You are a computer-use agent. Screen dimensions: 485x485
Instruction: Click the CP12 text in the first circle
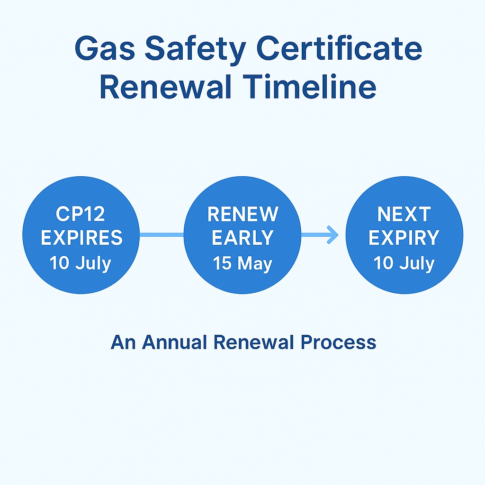point(81,214)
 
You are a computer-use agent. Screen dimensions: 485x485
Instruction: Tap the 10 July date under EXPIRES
point(81,263)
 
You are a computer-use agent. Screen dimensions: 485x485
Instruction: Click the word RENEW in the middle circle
point(242,214)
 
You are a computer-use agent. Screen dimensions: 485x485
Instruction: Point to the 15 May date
point(242,263)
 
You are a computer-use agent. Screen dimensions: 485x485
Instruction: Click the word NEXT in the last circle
point(404,214)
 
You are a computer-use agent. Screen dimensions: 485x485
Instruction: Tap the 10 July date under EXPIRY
point(404,263)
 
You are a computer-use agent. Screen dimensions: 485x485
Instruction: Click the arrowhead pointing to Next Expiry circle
point(333,234)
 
